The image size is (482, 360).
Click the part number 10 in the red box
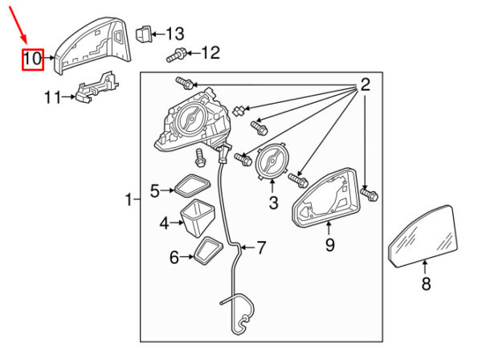(32, 59)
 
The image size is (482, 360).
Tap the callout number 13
(174, 33)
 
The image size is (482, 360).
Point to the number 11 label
(52, 97)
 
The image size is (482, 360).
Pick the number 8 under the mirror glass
(427, 283)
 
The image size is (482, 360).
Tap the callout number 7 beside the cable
(260, 247)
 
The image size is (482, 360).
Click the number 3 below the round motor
(272, 204)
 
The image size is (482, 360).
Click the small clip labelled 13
(142, 35)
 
